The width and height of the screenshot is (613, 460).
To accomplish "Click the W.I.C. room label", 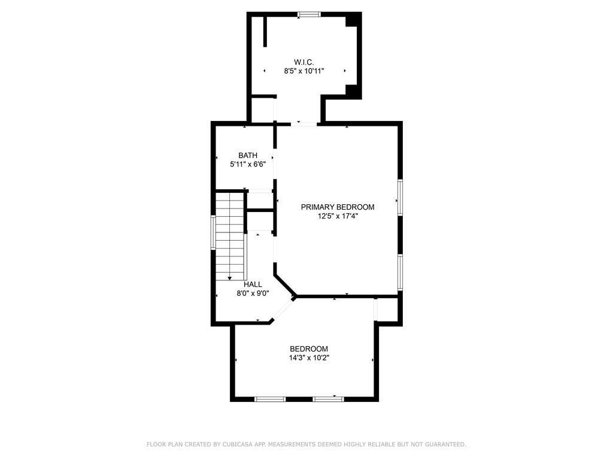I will point(304,62).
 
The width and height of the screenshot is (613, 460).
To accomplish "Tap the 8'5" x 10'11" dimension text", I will point(304,71).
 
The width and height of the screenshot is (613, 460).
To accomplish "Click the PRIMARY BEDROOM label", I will point(338,207).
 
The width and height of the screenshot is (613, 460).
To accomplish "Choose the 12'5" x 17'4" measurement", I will point(338,216).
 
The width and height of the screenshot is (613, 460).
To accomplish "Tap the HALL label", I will point(253,285).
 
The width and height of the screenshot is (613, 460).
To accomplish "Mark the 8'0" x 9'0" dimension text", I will point(253,293).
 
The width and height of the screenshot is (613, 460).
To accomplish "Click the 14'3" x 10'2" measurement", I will point(309,358).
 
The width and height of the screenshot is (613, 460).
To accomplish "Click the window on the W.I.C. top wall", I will point(309,14).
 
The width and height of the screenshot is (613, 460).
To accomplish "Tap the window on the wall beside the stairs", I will point(213,232).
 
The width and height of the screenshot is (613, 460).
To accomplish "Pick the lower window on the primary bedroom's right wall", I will point(399,273).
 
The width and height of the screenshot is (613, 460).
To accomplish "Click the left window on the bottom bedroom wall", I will point(270,398).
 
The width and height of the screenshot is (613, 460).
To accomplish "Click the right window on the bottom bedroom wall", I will point(328,398).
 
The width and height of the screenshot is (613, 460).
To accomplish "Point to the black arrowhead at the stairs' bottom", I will point(230,278).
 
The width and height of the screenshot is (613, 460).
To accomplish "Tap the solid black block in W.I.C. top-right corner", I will point(354,20).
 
